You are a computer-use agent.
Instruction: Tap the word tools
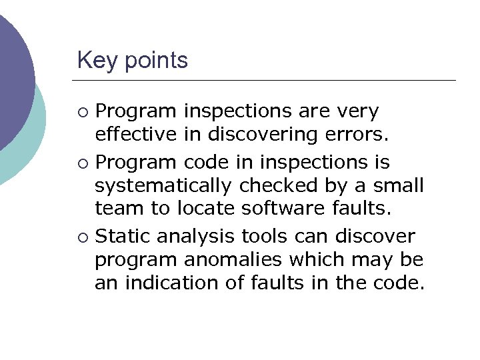click(x=269, y=236)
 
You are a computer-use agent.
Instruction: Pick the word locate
click(x=204, y=208)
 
